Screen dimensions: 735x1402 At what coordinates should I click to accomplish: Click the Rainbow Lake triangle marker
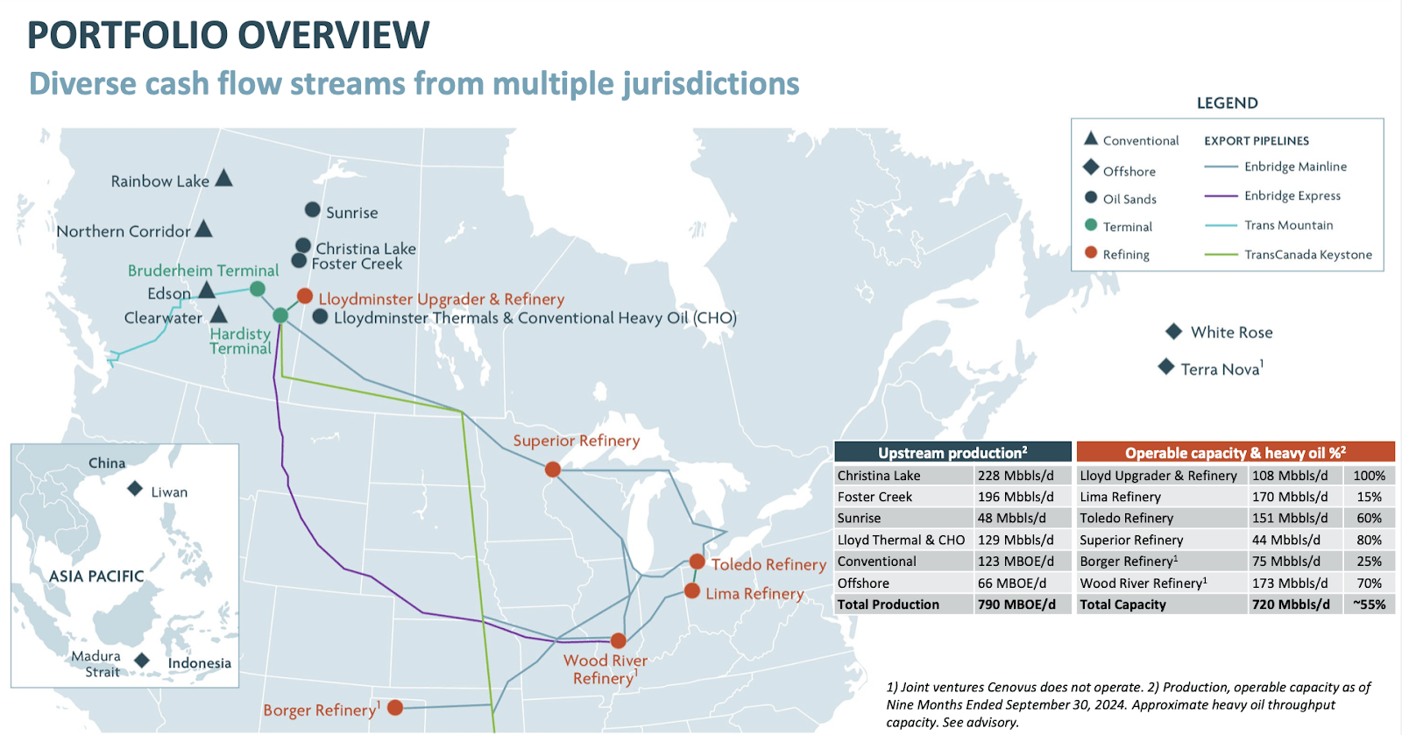[x=223, y=179]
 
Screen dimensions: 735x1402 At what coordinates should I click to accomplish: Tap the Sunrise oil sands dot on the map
[x=312, y=210]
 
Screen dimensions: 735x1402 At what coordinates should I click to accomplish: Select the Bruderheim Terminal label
[x=203, y=271]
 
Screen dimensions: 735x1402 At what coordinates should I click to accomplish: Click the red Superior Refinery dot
[x=553, y=470]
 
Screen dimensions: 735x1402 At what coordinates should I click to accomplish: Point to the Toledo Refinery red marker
[x=697, y=562]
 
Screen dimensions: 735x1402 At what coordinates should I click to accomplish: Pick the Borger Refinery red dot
[x=395, y=707]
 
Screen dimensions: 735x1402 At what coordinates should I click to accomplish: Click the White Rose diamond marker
[x=1174, y=331]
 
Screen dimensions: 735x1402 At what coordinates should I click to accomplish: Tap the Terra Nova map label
[x=1221, y=369]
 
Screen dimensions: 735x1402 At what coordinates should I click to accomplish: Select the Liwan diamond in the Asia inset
[x=135, y=489]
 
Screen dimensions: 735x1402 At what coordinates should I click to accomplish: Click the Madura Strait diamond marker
[x=142, y=661]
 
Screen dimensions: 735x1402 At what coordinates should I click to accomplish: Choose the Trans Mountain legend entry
[x=1288, y=225]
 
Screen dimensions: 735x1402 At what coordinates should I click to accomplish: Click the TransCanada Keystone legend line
[x=1221, y=255]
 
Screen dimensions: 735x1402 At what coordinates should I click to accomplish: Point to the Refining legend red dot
[x=1091, y=252]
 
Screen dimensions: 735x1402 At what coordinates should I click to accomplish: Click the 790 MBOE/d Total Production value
[x=1016, y=604]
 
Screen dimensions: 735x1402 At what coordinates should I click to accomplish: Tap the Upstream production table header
[x=952, y=452]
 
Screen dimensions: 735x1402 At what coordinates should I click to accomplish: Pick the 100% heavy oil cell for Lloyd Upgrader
[x=1369, y=476]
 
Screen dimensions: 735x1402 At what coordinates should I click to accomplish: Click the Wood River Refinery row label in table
[x=1143, y=583]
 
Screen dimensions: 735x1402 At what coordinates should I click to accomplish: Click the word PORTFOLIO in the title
[x=126, y=35]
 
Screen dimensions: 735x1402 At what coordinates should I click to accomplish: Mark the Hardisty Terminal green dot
[x=280, y=315]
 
